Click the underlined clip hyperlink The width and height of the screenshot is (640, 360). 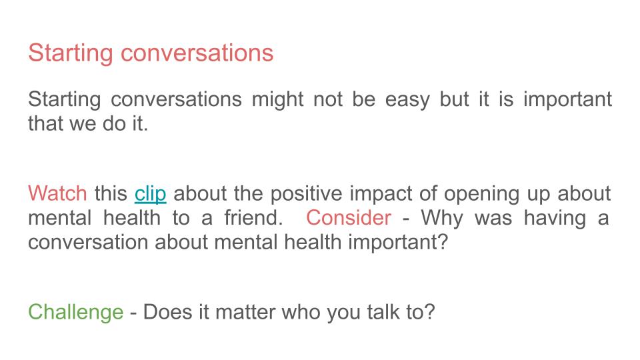pyautogui.click(x=150, y=194)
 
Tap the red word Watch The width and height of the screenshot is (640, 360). pyautogui.click(x=57, y=193)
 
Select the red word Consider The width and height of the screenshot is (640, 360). pyautogui.click(x=349, y=217)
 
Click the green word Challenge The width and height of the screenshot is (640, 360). pyautogui.click(x=75, y=312)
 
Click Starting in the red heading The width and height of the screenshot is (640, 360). pyautogui.click(x=71, y=53)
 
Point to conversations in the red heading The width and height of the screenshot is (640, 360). pyautogui.click(x=197, y=53)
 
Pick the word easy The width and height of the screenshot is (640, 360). pyautogui.click(x=407, y=100)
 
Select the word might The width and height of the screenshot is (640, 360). pyautogui.click(x=277, y=99)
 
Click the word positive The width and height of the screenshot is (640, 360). pyautogui.click(x=306, y=194)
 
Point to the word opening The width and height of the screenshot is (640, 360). pyautogui.click(x=481, y=194)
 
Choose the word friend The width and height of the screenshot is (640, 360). pyautogui.click(x=253, y=217)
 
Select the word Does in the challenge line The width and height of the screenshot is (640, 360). pyautogui.click(x=167, y=312)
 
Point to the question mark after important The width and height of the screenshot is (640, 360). pyautogui.click(x=443, y=241)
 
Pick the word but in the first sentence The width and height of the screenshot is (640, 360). pyautogui.click(x=454, y=99)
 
